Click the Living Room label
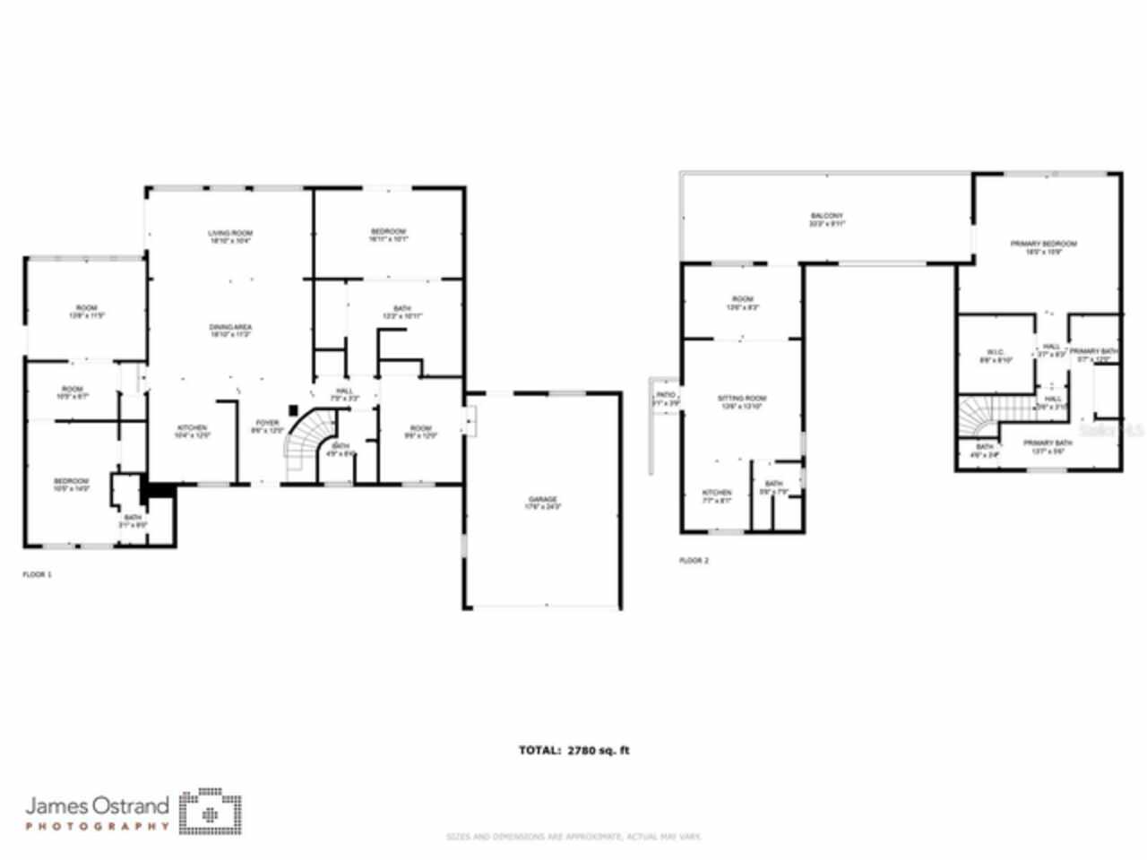(x=230, y=236)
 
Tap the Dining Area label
(x=230, y=331)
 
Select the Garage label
(x=542, y=503)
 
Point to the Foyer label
(x=267, y=426)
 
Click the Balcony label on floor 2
(x=826, y=219)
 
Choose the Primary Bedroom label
(x=1043, y=247)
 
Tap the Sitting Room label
(x=742, y=401)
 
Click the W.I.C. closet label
(x=995, y=356)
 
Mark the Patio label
(x=665, y=399)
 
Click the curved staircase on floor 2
(x=979, y=417)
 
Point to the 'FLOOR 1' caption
(x=37, y=574)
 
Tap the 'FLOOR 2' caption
(x=694, y=561)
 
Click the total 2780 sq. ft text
(x=573, y=750)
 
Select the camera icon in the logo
(x=211, y=813)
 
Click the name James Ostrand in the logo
(x=97, y=804)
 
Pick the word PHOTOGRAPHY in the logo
(x=97, y=826)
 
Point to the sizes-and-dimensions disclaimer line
(x=573, y=837)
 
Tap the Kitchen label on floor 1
(x=192, y=431)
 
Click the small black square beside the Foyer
(x=293, y=410)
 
